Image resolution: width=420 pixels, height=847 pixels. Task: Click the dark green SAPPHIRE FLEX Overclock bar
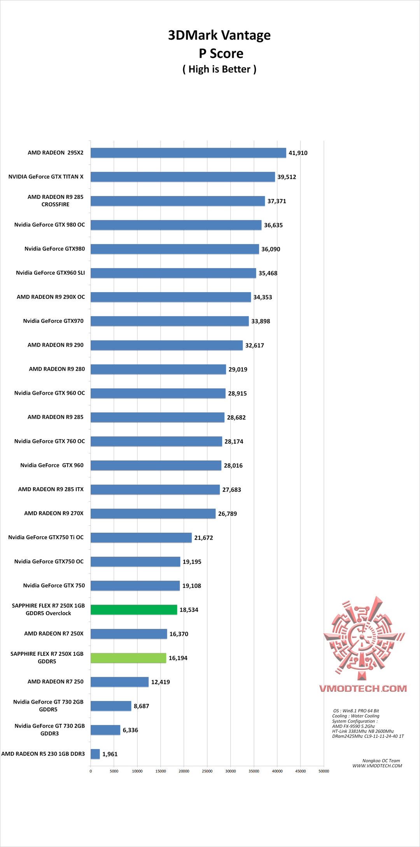pos(134,610)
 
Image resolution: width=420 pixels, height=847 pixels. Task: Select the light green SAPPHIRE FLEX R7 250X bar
pos(128,658)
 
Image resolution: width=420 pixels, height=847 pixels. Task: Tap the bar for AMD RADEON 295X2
pos(188,153)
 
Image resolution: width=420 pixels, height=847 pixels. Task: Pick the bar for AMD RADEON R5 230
pos(95,754)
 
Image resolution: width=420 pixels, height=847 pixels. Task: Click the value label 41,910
pos(298,153)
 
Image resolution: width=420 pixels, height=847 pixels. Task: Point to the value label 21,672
pos(203,538)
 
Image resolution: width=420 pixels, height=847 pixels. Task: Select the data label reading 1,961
pos(110,754)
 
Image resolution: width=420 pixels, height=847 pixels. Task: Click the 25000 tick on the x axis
pos(207,771)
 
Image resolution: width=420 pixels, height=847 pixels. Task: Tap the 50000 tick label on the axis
pos(324,771)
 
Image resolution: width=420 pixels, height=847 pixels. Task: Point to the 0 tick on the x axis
pos(91,771)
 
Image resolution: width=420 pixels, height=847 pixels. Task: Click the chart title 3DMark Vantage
pos(219,35)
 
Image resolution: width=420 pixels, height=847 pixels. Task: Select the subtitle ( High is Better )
pos(219,69)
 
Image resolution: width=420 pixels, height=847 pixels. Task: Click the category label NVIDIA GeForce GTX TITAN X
pos(46,177)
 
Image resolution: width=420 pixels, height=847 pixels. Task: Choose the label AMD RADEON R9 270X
pos(54,513)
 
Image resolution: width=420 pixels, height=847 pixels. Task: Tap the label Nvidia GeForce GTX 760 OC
pos(49,441)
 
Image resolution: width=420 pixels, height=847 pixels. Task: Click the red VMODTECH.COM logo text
pos(363,688)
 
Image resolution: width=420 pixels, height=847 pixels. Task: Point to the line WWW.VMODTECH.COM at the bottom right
pos(377,766)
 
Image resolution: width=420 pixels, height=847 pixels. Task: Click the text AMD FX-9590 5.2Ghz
pos(353,726)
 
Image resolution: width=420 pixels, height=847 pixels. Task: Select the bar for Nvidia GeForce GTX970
pos(170,321)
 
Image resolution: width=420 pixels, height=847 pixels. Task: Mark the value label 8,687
pos(141,706)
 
